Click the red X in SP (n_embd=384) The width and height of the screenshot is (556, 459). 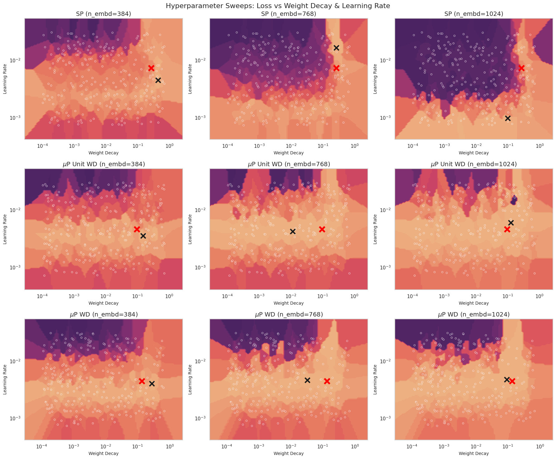click(x=151, y=68)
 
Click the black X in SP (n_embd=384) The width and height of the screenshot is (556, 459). click(x=158, y=80)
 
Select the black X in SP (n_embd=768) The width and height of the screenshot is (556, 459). click(x=336, y=48)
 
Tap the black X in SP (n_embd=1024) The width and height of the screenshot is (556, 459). click(x=508, y=118)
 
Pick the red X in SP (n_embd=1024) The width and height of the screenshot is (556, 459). click(x=521, y=68)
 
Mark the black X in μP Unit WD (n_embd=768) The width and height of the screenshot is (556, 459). click(x=293, y=231)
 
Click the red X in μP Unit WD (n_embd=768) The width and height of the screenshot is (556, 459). click(x=322, y=229)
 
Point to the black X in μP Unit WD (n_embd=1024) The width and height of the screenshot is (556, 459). click(x=511, y=223)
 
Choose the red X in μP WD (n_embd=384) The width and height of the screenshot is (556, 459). click(x=142, y=381)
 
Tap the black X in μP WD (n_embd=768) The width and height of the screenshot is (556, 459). click(x=307, y=380)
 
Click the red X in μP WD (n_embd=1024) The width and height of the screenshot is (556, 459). click(x=512, y=381)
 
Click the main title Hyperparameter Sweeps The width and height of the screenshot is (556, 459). click(x=278, y=6)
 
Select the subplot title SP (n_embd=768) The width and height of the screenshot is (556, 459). click(x=289, y=14)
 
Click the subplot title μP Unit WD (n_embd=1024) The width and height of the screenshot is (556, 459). click(x=474, y=164)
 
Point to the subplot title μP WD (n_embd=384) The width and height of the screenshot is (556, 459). click(x=103, y=314)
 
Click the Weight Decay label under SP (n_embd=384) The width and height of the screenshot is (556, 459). click(x=103, y=153)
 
